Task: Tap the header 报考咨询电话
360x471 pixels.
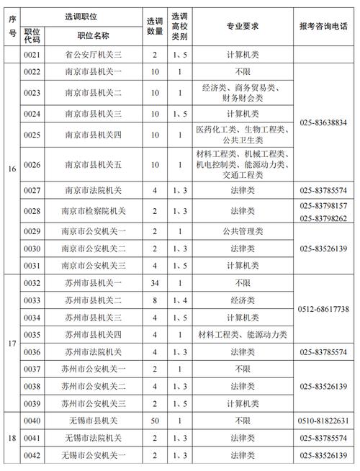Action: click(323, 25)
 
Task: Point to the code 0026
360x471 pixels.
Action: click(31, 165)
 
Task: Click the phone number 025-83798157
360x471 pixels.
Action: click(323, 205)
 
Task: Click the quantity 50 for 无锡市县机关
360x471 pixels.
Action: click(153, 421)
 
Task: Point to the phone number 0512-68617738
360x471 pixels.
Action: click(323, 309)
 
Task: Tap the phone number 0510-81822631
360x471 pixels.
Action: click(323, 421)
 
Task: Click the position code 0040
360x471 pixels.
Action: click(31, 421)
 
